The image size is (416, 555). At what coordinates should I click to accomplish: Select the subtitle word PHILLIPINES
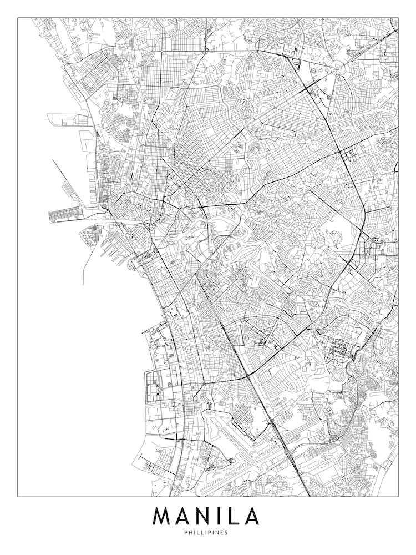point(207,533)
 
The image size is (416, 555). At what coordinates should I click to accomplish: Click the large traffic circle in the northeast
point(338,69)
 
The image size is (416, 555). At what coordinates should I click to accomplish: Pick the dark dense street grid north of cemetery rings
point(338,350)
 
